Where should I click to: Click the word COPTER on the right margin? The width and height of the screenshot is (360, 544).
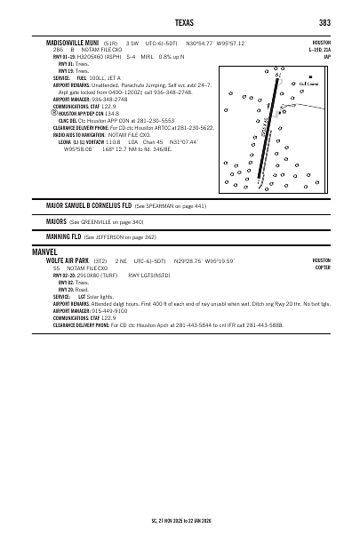[322, 266]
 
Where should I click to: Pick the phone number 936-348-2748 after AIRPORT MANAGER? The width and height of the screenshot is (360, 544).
[110, 99]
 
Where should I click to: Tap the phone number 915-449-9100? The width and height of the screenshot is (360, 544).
[110, 311]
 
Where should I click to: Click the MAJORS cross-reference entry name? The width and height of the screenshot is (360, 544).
[57, 221]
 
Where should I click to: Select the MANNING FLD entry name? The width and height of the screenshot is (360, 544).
[63, 237]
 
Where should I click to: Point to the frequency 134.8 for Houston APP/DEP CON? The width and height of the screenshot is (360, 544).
[112, 114]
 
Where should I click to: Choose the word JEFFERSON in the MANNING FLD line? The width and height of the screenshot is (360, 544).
[109, 237]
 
